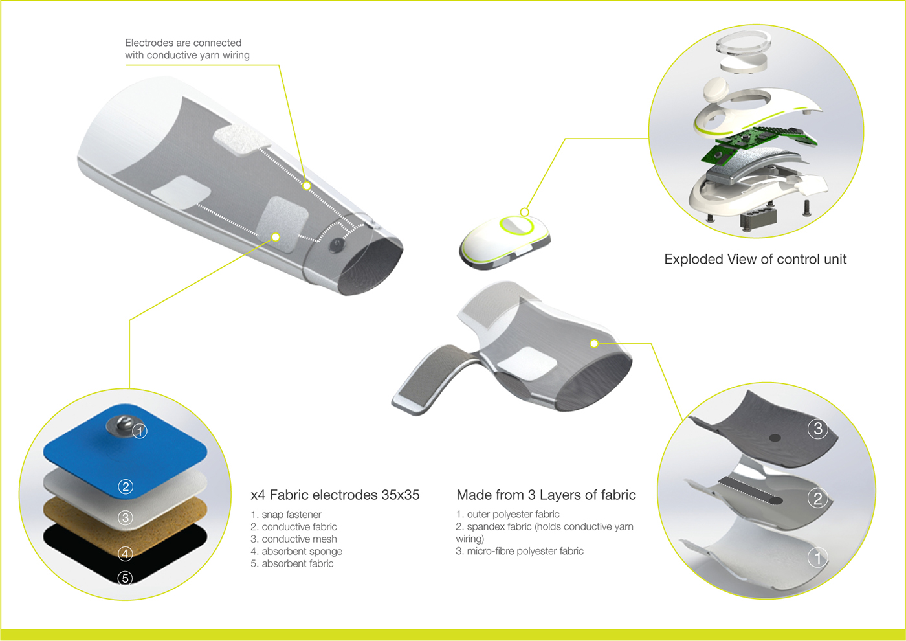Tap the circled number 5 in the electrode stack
(126, 578)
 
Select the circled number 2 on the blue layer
(126, 486)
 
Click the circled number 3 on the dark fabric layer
(818, 429)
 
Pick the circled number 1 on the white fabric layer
(818, 557)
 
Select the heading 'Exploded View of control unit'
(755, 260)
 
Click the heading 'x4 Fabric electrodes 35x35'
(335, 495)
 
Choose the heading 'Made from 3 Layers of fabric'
(546, 495)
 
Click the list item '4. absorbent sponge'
(296, 552)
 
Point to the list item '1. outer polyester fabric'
(508, 515)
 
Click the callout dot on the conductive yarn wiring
(307, 186)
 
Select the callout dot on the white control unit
(525, 212)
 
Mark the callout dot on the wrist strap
(594, 343)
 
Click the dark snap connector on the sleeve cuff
(337, 245)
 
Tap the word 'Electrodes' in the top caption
(149, 43)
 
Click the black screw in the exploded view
(806, 208)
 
